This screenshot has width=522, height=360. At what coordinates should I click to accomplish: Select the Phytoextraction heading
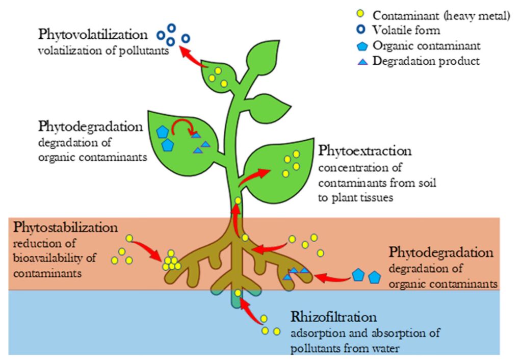point(364,151)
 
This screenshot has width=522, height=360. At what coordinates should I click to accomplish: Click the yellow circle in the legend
point(362,16)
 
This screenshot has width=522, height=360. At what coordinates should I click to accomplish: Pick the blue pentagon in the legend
point(362,46)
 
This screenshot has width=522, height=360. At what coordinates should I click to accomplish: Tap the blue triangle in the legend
point(362,61)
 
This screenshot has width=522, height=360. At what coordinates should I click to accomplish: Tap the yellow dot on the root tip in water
point(238,293)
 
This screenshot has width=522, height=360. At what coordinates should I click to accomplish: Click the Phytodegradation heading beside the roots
point(441,253)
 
